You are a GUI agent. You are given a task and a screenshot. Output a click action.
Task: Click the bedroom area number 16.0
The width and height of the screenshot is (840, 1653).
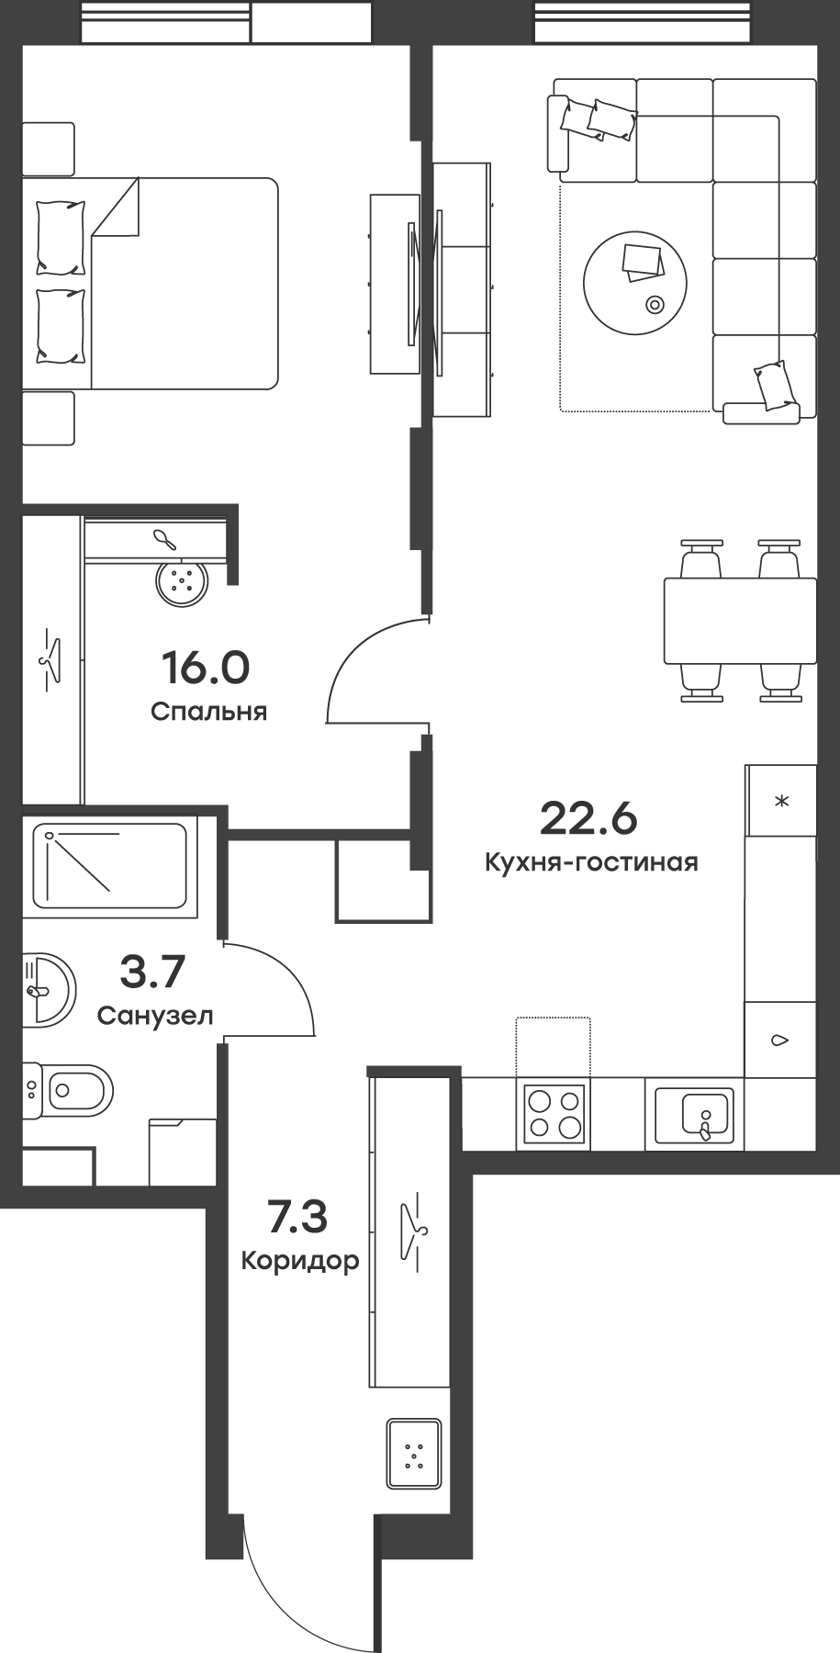[x=205, y=668]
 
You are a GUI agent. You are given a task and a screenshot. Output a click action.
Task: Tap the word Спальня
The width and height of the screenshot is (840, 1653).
[x=208, y=712]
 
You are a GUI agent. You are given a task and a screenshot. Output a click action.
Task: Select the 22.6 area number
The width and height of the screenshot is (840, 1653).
[x=588, y=818]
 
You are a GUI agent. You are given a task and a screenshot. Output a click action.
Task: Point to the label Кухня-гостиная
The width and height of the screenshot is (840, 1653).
[x=591, y=862]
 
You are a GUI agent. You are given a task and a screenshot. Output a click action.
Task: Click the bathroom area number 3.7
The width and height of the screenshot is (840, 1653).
[x=153, y=972]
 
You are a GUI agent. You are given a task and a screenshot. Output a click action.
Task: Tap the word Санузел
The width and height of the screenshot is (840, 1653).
[x=155, y=1016]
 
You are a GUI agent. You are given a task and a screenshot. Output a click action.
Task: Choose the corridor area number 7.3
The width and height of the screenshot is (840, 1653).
[x=297, y=1218]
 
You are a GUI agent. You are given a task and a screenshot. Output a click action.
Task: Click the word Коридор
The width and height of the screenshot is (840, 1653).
[x=299, y=1261]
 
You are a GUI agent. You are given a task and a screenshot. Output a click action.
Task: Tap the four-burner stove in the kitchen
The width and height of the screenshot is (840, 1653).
[x=553, y=1114]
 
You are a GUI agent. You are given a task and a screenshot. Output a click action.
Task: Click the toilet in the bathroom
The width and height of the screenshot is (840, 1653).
[x=69, y=1091]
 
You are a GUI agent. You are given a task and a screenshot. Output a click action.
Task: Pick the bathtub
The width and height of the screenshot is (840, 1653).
[x=110, y=865]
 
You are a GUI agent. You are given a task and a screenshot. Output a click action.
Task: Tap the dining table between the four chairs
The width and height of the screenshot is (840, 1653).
[x=739, y=621]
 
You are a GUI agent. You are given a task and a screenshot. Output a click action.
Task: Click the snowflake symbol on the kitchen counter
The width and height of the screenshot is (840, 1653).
[x=781, y=802]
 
